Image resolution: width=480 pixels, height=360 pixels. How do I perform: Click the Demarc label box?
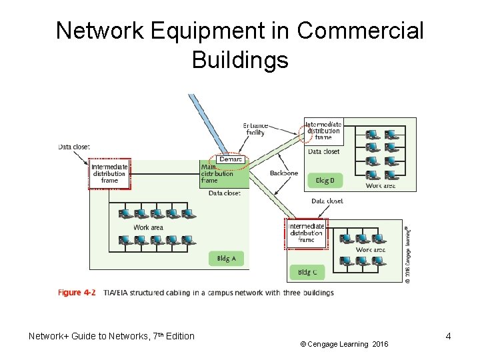[x=231, y=160]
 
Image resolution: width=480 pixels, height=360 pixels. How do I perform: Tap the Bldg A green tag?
[x=226, y=258]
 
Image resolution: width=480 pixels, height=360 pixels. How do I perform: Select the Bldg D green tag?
[x=325, y=180]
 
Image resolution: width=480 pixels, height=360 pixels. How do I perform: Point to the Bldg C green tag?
[x=307, y=273]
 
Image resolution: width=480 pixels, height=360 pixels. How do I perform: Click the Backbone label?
[x=284, y=173]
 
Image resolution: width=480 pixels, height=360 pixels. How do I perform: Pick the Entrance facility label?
[x=255, y=129]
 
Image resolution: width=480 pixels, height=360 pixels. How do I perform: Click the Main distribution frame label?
[x=217, y=174]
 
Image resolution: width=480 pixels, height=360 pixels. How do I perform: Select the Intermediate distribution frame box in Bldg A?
[x=109, y=173]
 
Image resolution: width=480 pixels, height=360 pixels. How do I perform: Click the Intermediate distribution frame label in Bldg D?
[x=323, y=131]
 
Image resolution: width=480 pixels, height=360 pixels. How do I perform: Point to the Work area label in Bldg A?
[x=148, y=227]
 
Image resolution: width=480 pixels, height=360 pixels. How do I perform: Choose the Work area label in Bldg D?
[x=381, y=186]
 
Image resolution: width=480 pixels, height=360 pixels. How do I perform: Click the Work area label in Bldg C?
[x=370, y=250]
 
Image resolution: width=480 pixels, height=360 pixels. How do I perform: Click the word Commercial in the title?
[x=361, y=31]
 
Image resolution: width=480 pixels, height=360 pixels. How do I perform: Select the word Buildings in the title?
[x=240, y=60]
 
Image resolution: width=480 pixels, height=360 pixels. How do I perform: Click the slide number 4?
[x=448, y=336]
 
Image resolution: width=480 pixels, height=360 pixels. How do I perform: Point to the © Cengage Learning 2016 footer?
[x=343, y=344]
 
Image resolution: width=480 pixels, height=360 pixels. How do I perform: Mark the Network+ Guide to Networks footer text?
[x=111, y=336]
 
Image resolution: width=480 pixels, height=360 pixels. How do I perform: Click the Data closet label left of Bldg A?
[x=73, y=147]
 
